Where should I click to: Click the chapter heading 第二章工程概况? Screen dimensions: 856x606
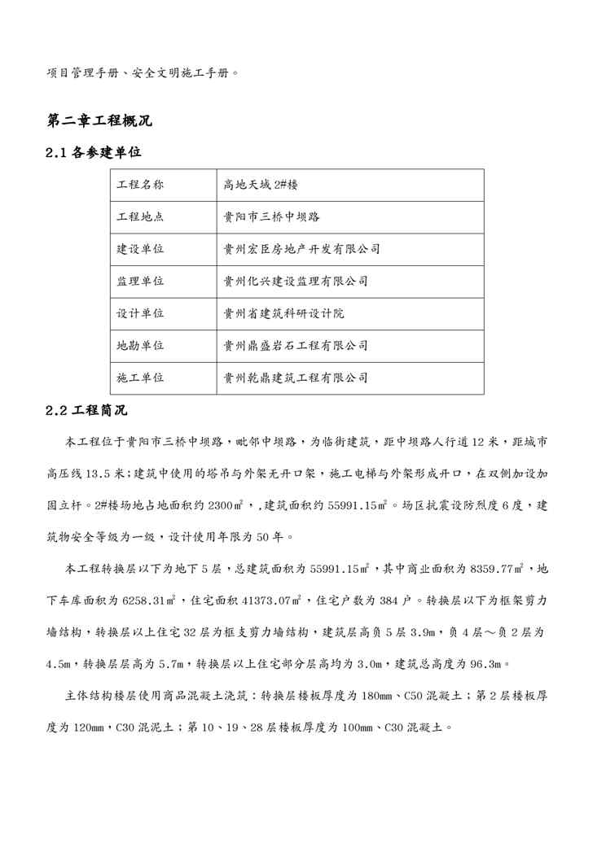click(99, 122)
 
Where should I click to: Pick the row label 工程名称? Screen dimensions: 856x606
click(140, 186)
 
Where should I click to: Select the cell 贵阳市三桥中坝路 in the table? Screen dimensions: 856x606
click(271, 217)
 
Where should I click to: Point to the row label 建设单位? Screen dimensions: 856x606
click(140, 249)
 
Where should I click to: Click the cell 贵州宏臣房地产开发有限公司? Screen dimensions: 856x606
click(301, 249)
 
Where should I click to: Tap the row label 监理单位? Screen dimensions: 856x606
click(140, 282)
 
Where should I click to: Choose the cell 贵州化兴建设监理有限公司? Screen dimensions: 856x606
click(295, 282)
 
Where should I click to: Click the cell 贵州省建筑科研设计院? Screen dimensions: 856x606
click(283, 313)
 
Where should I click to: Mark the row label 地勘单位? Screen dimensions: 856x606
click(140, 346)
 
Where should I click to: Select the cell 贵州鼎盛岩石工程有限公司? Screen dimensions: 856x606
click(295, 346)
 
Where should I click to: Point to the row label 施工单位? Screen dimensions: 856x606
click(140, 378)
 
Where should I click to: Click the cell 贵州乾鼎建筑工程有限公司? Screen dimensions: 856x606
click(295, 378)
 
